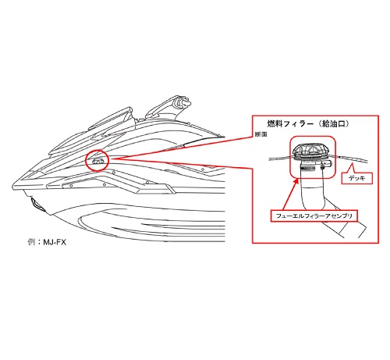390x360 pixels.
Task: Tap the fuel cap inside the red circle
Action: [x=97, y=161]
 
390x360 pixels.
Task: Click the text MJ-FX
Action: [x=55, y=242]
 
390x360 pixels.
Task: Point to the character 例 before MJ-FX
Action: [x=31, y=242]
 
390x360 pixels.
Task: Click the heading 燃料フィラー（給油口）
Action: [x=308, y=123]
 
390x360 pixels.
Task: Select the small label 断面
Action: [x=261, y=134]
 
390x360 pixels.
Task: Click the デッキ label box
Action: [x=357, y=178]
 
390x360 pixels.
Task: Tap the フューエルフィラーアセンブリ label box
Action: [x=314, y=216]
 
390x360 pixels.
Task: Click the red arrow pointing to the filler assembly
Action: [x=290, y=194]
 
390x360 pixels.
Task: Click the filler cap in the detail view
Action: [x=310, y=150]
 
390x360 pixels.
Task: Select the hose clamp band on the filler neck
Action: [x=311, y=169]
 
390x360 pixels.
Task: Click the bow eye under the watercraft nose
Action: [x=37, y=205]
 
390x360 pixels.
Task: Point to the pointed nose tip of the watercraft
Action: [x=13, y=186]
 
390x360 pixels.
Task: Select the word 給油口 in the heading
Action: [x=333, y=123]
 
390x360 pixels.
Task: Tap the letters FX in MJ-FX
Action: [x=61, y=242]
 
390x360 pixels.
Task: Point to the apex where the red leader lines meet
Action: [x=112, y=159]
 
